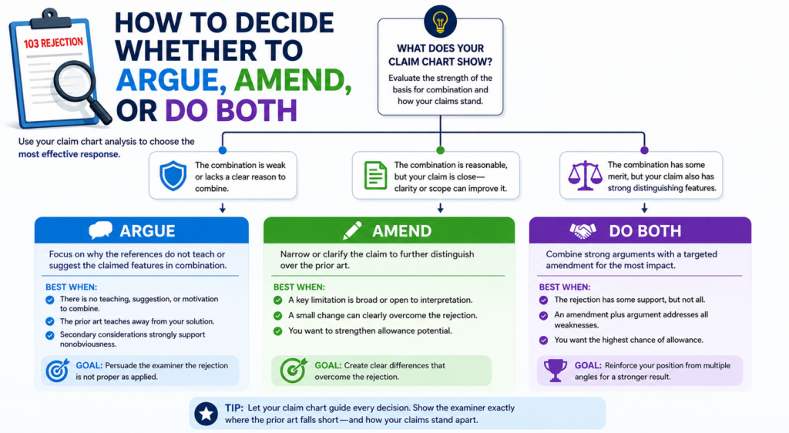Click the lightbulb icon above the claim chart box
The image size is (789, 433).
point(440,22)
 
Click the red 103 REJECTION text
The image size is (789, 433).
point(53,43)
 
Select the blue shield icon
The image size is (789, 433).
point(173,176)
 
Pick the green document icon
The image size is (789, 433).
point(375,176)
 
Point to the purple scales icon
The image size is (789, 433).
point(585,176)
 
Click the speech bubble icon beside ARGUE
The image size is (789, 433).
point(101,230)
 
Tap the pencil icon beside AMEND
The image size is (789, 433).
point(352,230)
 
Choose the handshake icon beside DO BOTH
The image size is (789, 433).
point(583,230)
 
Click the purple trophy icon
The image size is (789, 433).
point(555,371)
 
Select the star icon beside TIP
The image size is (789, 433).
point(206,414)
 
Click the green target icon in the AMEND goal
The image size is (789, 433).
point(294,371)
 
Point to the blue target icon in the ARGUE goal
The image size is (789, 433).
point(57,371)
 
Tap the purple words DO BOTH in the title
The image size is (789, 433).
point(231,110)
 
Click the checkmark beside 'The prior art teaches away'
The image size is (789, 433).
point(50,321)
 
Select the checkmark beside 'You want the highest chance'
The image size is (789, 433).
point(543,340)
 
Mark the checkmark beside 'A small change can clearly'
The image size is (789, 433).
point(277,316)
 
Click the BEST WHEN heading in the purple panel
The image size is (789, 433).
point(565,287)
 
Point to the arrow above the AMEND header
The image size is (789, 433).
point(440,208)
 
